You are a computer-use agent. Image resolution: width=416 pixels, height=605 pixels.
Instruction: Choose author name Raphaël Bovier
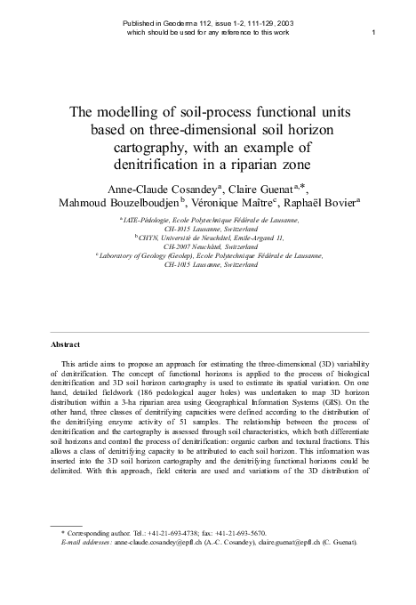pyautogui.click(x=320, y=205)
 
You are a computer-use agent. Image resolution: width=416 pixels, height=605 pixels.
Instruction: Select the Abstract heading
pyautogui.click(x=65, y=344)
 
